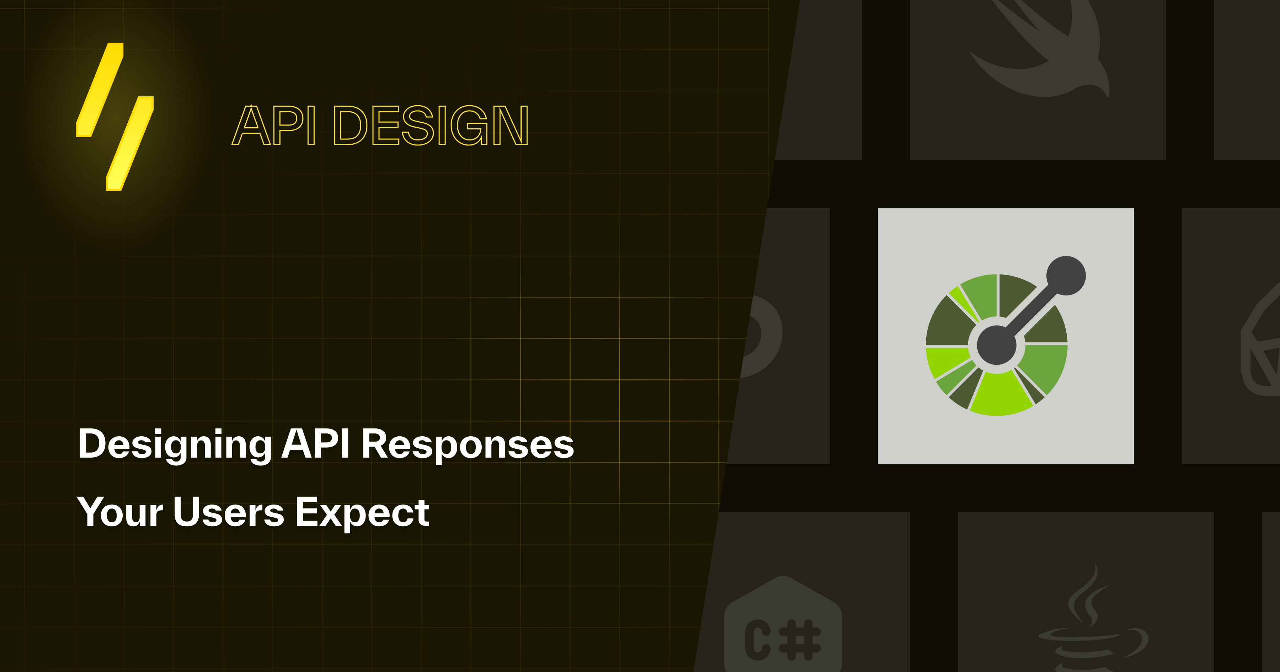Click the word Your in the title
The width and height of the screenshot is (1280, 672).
(x=120, y=512)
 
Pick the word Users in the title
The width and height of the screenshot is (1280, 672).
(x=229, y=512)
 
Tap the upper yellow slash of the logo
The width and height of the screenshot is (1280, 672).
(x=100, y=90)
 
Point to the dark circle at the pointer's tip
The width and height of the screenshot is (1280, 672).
(x=1066, y=275)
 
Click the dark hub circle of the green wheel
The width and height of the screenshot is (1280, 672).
(x=996, y=345)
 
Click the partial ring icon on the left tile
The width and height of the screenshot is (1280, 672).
(x=763, y=336)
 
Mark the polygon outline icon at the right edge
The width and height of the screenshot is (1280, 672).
(x=1262, y=343)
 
